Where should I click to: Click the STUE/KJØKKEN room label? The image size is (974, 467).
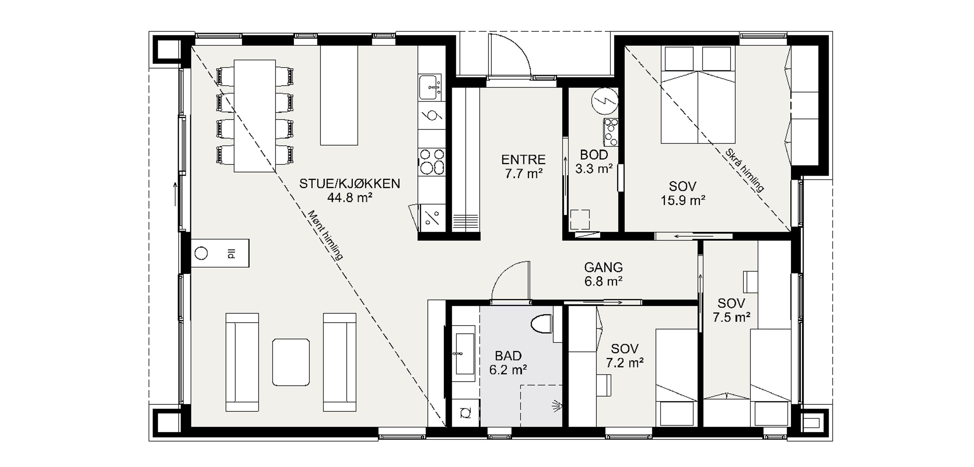[349, 184]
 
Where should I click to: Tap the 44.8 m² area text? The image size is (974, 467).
[349, 197]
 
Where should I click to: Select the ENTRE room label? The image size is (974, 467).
[523, 159]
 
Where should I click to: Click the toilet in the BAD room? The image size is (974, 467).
[542, 324]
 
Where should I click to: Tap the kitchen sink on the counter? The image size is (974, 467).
[430, 87]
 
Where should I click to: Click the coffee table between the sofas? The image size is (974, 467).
[291, 362]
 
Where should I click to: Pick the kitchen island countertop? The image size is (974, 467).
[339, 95]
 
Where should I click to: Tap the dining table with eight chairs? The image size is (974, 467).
[254, 116]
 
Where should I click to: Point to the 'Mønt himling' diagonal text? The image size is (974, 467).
[325, 235]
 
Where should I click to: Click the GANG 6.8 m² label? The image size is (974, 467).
[603, 274]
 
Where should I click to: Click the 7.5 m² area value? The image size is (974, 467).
[731, 317]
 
